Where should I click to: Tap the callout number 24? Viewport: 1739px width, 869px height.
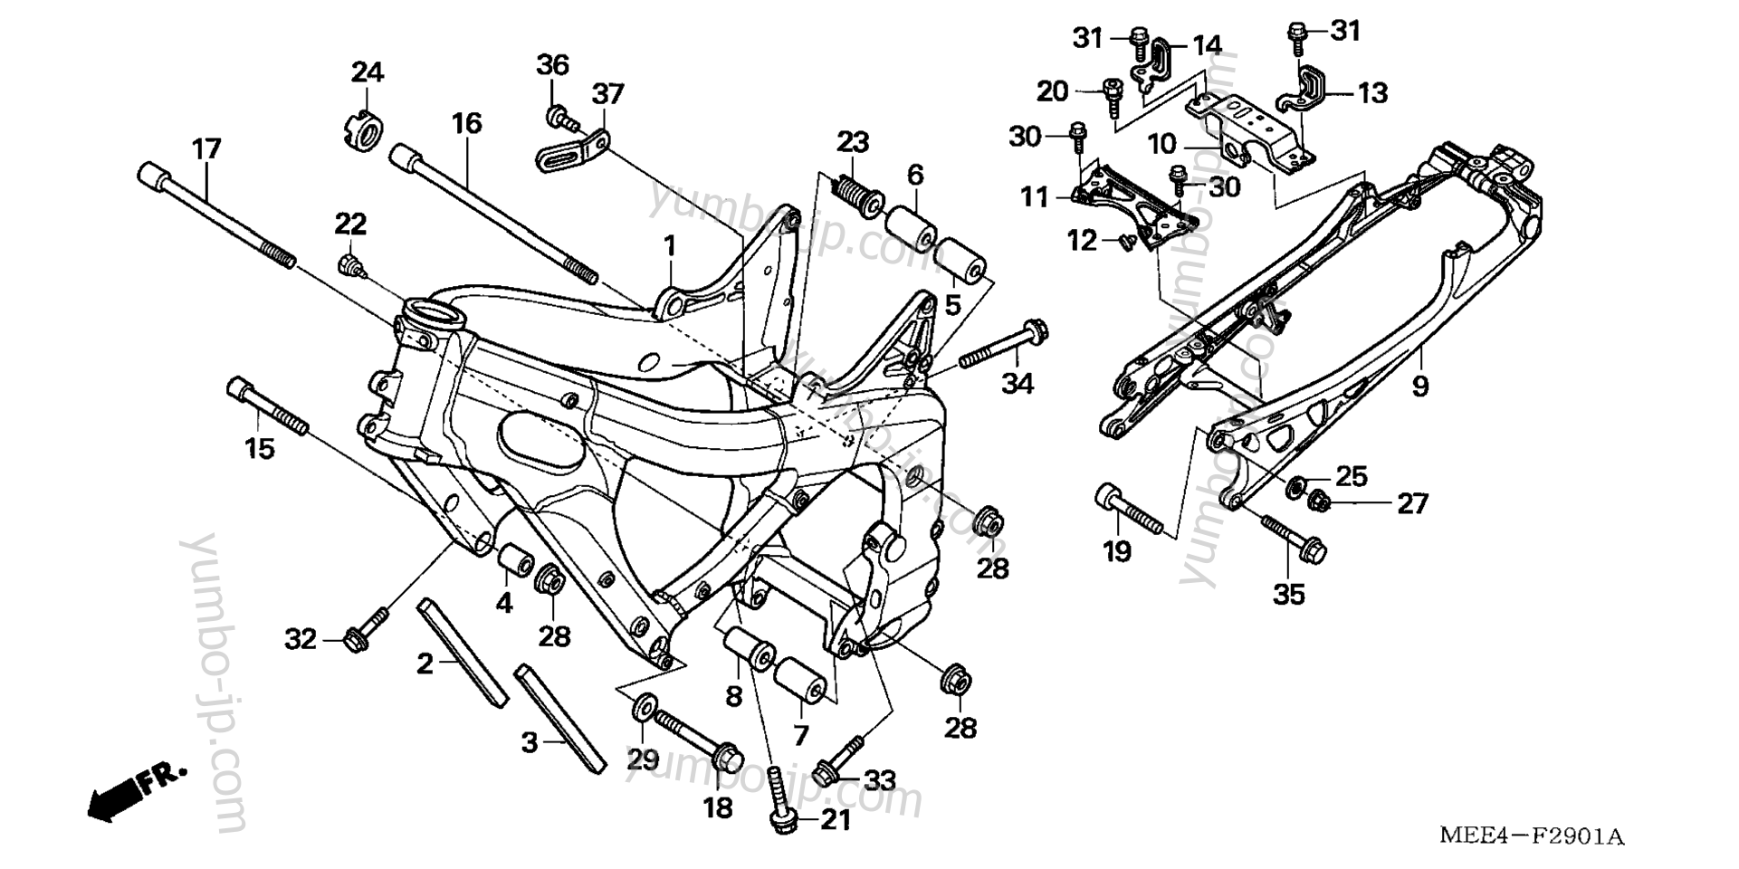368,72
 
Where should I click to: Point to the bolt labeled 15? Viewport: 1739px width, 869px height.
267,408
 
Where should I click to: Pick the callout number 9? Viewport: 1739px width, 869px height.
1420,387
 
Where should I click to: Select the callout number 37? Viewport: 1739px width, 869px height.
608,94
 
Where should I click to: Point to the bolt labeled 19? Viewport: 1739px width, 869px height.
1129,511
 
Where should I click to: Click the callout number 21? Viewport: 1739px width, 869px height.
836,821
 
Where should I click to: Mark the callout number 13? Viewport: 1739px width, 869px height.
1372,93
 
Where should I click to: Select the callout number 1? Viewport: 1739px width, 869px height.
670,245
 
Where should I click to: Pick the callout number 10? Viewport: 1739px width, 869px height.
1161,144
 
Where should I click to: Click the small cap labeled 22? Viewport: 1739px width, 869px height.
349,264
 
